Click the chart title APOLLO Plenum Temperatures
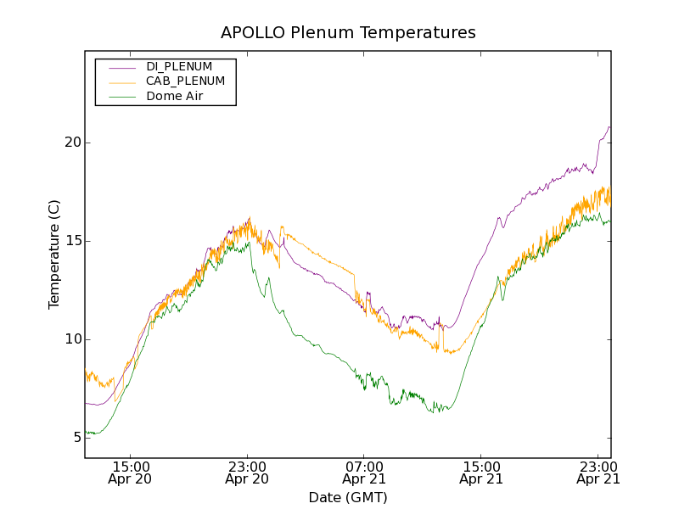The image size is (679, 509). click(348, 33)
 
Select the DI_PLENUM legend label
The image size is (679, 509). click(179, 66)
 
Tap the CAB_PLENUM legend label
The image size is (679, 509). click(185, 81)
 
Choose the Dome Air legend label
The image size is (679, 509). click(175, 97)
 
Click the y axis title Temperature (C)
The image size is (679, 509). click(54, 255)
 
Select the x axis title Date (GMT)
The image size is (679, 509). click(348, 497)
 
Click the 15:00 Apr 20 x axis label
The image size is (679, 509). click(131, 473)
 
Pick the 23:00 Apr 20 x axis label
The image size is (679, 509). click(247, 473)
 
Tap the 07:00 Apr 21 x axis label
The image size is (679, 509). click(364, 473)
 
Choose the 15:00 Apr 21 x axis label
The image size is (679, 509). click(481, 473)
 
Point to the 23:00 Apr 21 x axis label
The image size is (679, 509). click(598, 473)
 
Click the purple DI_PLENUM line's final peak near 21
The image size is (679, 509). click(609, 127)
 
